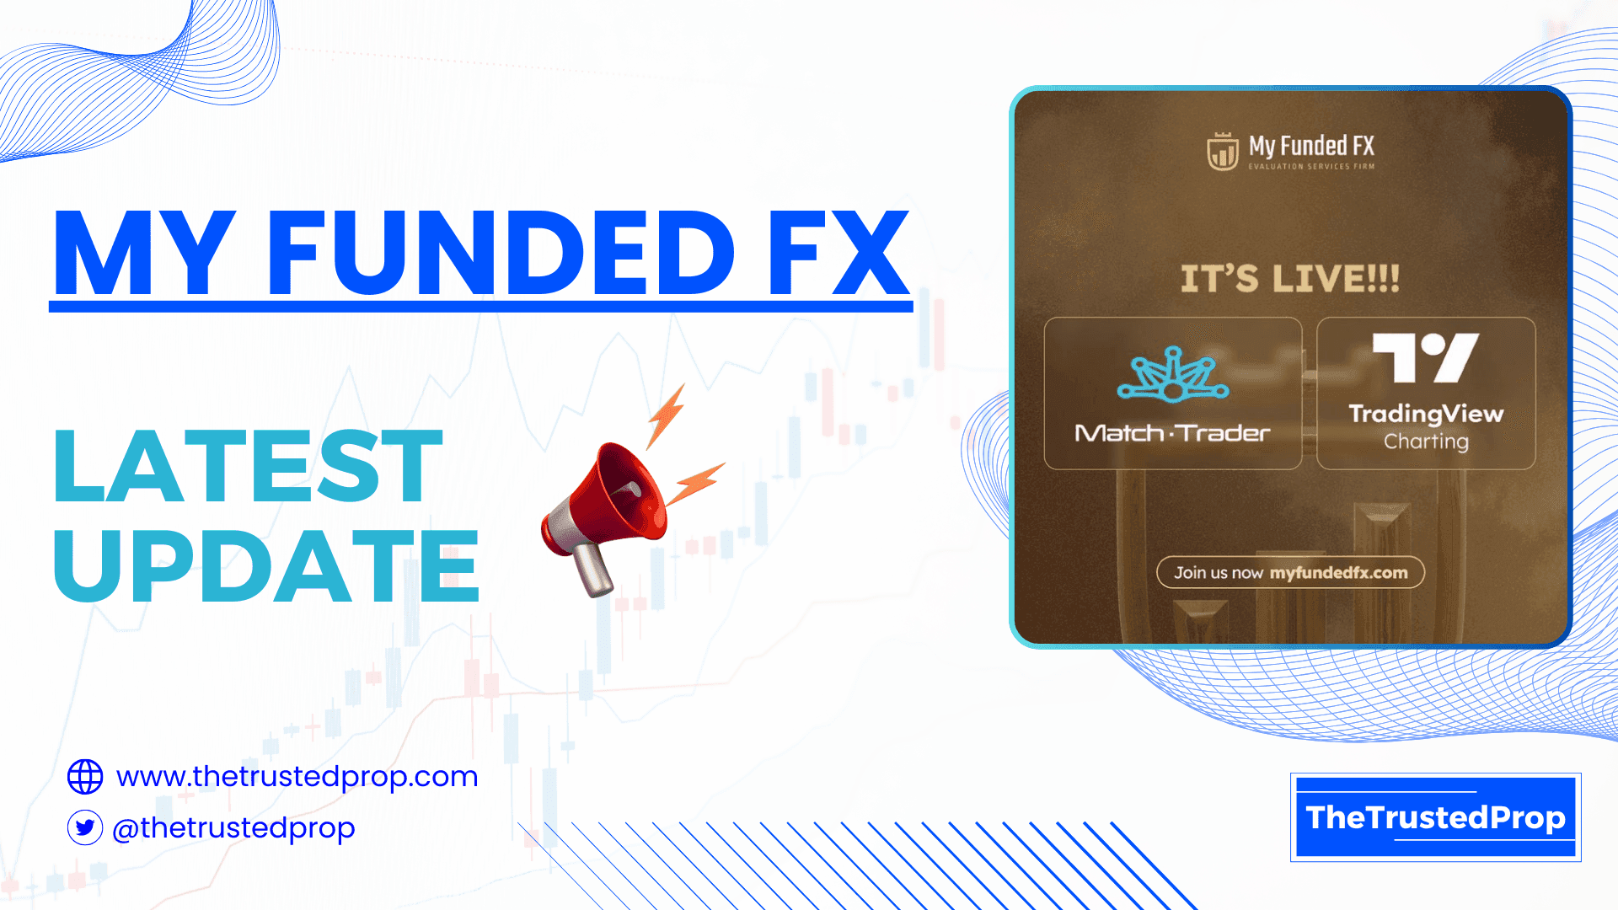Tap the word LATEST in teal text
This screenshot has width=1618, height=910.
point(248,466)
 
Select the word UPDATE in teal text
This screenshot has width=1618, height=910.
point(266,566)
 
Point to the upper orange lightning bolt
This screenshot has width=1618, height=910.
point(666,415)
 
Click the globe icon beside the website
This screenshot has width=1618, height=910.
point(85,777)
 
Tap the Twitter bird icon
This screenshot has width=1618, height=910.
point(85,828)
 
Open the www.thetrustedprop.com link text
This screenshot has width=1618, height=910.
point(297,776)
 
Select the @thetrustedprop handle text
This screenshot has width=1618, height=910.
point(233,828)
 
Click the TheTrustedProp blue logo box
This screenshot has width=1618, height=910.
point(1435,817)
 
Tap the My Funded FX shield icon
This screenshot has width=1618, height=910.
point(1222,151)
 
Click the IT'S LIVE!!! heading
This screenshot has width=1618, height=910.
point(1289,279)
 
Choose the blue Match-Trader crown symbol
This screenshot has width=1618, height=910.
point(1172,374)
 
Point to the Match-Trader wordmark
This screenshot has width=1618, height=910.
point(1172,433)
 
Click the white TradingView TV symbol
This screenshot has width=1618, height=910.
point(1425,357)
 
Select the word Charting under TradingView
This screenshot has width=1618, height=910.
point(1426,442)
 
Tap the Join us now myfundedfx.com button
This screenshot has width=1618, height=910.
point(1290,573)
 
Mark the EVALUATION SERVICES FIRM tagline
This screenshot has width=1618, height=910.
point(1311,167)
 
